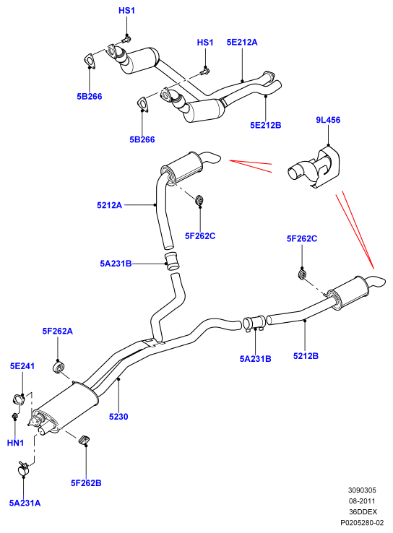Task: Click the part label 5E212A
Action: pos(242,42)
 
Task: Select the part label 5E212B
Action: pos(266,125)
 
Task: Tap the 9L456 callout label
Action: pos(328,120)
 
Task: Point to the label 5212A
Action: pos(109,205)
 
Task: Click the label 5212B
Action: pos(306,356)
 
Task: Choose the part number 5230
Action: pos(118,417)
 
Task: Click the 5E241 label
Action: pos(22,365)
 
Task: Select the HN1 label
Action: pos(15,443)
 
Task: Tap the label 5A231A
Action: pos(25,503)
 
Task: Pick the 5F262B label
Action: pos(86,482)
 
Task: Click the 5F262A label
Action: pos(58,331)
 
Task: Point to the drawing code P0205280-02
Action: pos(362,522)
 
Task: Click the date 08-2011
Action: pos(362,500)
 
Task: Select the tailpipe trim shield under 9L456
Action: pos(314,168)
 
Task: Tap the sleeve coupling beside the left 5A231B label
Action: pos(173,261)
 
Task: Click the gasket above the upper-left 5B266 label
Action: pos(89,60)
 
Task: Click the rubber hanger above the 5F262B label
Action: pos(84,440)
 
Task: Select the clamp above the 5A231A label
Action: pos(23,469)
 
